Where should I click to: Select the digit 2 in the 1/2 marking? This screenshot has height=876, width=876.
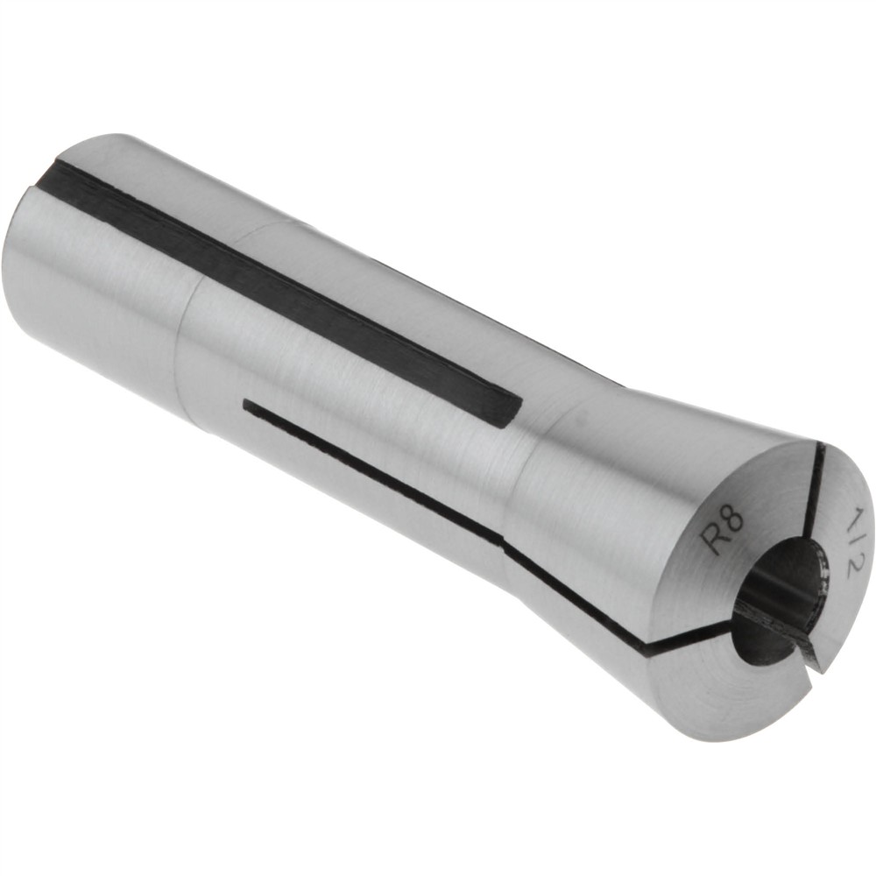[x=844, y=564]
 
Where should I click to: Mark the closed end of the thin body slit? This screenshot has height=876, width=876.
[x=248, y=405]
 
